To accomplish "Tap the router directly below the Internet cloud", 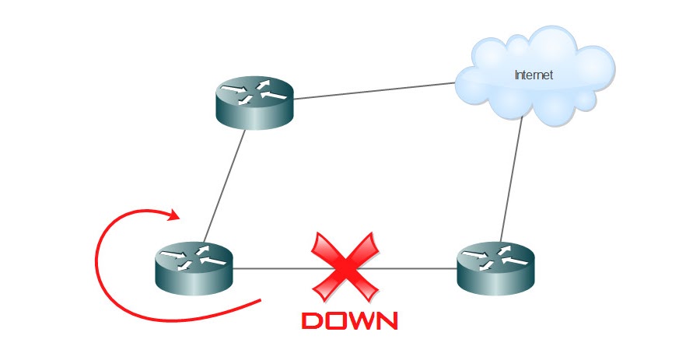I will click(496, 266).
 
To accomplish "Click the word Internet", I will click(534, 75).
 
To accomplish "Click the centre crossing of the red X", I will click(345, 267).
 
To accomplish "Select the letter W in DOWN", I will click(361, 320).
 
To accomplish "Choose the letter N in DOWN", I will click(386, 320).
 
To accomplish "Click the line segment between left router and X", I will click(272, 269).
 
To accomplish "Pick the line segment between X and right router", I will click(416, 269).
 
